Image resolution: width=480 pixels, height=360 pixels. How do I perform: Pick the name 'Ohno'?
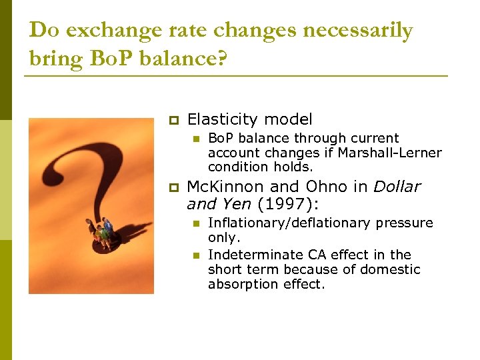(324, 187)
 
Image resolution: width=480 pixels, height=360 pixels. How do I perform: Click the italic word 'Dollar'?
(397, 187)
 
